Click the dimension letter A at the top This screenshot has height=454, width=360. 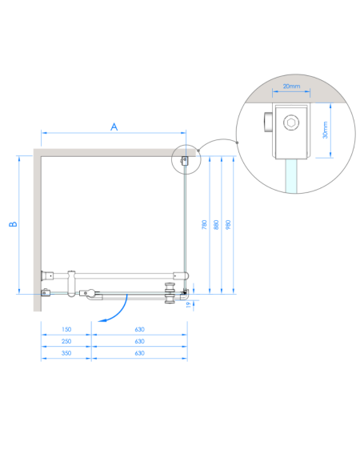click(x=114, y=127)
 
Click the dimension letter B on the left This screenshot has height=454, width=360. click(x=13, y=224)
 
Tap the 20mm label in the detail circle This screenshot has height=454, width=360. click(x=291, y=86)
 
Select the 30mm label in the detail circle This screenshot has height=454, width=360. click(x=325, y=130)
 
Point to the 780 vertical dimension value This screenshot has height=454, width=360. click(x=204, y=225)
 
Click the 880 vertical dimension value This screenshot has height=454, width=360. click(x=216, y=225)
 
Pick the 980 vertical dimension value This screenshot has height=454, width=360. click(x=228, y=225)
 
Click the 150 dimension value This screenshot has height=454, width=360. click(x=66, y=329)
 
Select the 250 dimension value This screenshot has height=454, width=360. click(x=66, y=341)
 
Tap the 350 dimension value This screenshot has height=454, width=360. click(x=66, y=353)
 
